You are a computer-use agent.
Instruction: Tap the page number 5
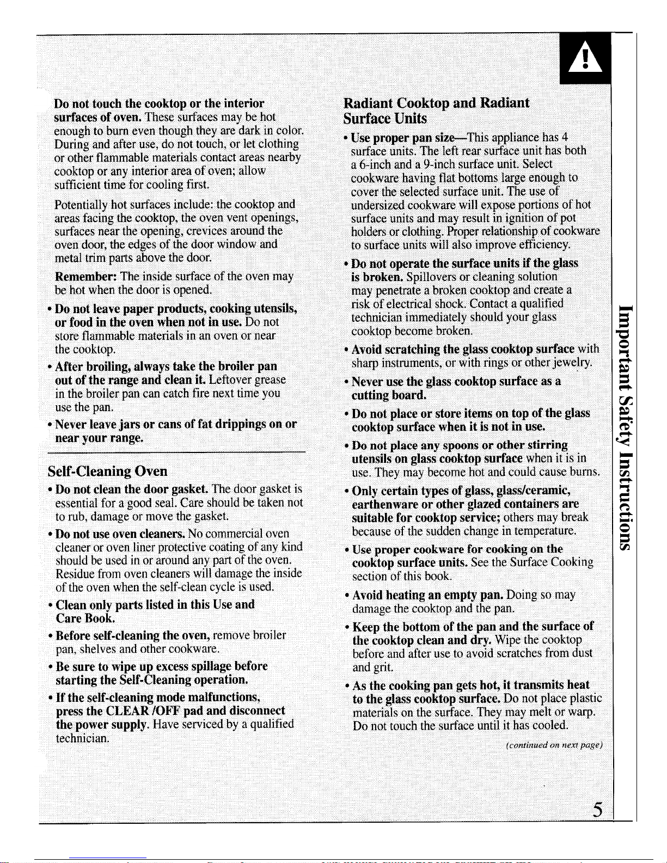[x=598, y=810]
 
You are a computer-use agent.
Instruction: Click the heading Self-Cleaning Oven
[x=107, y=471]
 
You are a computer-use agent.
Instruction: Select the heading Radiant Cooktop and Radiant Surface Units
[x=436, y=111]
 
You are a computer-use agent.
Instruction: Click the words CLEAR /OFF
[x=143, y=711]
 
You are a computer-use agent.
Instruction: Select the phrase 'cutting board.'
[x=388, y=395]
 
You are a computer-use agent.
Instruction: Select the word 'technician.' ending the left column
[x=82, y=738]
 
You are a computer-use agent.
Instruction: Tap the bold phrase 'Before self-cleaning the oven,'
[x=133, y=635]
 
